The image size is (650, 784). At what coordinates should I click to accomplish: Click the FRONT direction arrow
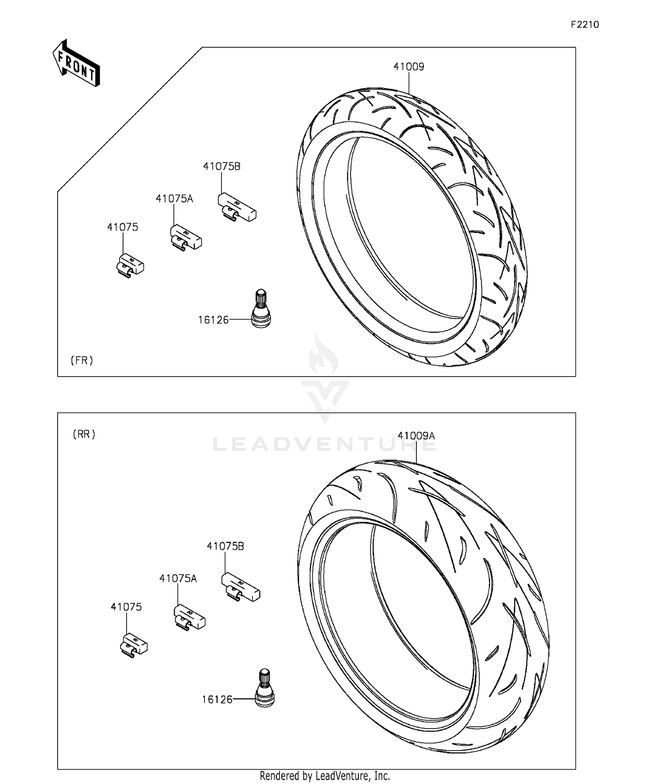pyautogui.click(x=76, y=64)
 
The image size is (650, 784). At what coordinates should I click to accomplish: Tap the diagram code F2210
pyautogui.click(x=585, y=25)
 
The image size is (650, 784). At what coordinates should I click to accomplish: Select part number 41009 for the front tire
pyautogui.click(x=409, y=67)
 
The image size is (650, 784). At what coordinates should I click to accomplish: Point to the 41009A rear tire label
pyautogui.click(x=416, y=436)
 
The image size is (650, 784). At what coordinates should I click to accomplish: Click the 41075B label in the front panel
pyautogui.click(x=221, y=166)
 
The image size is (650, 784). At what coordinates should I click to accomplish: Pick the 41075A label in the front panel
pyautogui.click(x=174, y=199)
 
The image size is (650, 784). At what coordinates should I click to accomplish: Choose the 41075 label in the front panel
pyautogui.click(x=123, y=228)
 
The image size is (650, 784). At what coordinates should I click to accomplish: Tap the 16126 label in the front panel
pyautogui.click(x=213, y=320)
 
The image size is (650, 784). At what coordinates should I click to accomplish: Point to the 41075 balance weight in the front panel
pyautogui.click(x=130, y=265)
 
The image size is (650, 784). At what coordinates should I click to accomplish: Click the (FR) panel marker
pyautogui.click(x=82, y=360)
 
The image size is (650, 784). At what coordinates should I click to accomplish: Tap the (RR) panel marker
pyautogui.click(x=84, y=434)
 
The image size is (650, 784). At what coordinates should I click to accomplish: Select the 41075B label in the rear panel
pyautogui.click(x=225, y=547)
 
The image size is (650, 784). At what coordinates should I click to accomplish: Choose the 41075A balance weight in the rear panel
pyautogui.click(x=189, y=618)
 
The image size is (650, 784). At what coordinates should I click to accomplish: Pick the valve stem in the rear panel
pyautogui.click(x=264, y=688)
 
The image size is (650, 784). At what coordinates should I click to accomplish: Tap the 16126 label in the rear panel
pyautogui.click(x=217, y=699)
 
